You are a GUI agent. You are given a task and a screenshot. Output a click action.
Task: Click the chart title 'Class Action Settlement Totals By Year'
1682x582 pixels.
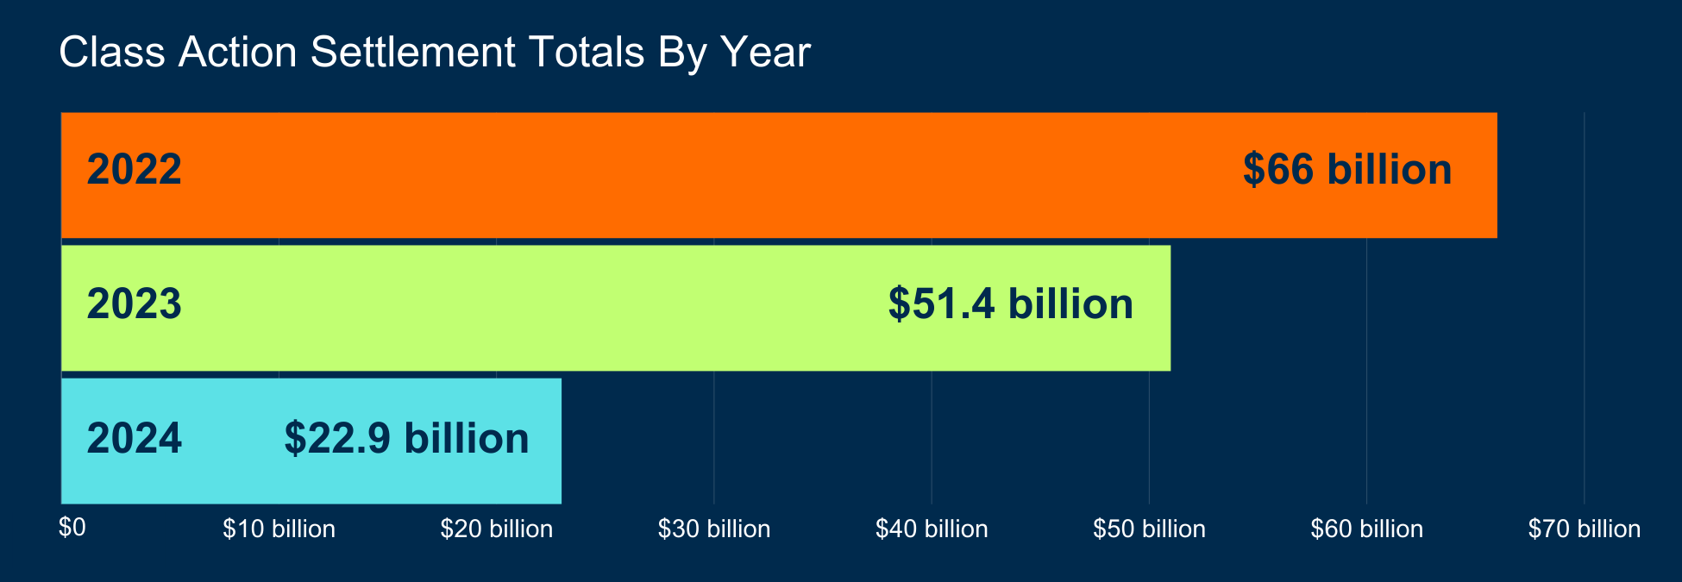tap(435, 53)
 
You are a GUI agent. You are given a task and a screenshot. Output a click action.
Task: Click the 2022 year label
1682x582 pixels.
tap(135, 170)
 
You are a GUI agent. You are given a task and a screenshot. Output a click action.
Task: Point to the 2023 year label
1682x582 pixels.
tap(135, 304)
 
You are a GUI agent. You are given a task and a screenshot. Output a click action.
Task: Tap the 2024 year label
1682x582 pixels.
tap(135, 439)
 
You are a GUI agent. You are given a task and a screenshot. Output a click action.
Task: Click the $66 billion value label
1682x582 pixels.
tap(1347, 170)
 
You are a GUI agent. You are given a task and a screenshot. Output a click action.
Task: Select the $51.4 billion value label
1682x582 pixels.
tap(1011, 304)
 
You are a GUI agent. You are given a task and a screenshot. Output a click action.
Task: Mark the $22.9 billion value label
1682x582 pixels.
tap(406, 439)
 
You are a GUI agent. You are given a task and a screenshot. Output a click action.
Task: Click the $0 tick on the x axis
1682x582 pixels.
tap(72, 528)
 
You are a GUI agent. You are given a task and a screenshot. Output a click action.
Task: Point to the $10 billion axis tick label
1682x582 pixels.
tap(279, 529)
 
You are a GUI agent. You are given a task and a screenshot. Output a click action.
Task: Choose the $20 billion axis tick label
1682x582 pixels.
tap(497, 529)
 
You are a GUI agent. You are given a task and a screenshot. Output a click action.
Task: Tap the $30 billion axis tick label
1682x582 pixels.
tap(714, 529)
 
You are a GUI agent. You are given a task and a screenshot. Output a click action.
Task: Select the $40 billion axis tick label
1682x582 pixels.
tap(932, 529)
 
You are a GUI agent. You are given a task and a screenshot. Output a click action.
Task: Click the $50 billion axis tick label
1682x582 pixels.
tap(1149, 529)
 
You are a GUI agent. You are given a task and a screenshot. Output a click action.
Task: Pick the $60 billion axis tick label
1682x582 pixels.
tap(1367, 529)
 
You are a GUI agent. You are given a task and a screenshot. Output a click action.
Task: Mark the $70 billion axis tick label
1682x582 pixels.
tap(1585, 529)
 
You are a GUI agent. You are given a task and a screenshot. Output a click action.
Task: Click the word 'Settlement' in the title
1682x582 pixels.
tap(413, 53)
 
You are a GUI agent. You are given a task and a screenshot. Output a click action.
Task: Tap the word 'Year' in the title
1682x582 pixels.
tap(766, 53)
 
